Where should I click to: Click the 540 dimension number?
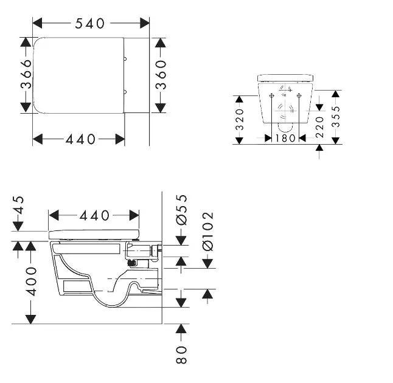(89, 23)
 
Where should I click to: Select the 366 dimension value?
(26, 74)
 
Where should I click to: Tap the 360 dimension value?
(161, 75)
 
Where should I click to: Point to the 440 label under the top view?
(80, 139)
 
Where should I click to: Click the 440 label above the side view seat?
(94, 215)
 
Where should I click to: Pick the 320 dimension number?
(240, 120)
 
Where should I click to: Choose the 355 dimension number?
(336, 116)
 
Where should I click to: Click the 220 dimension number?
(319, 127)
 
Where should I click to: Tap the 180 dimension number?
(285, 138)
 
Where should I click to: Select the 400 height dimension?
(31, 281)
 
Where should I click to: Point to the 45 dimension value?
(18, 205)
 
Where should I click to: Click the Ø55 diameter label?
(181, 210)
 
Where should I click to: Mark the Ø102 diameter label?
(208, 232)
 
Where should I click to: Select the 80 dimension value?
(181, 354)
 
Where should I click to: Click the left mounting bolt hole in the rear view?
(271, 95)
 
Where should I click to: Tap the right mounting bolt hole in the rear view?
(299, 95)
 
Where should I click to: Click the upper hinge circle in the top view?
(125, 59)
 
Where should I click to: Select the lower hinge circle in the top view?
(125, 92)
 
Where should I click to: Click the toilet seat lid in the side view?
(94, 235)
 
